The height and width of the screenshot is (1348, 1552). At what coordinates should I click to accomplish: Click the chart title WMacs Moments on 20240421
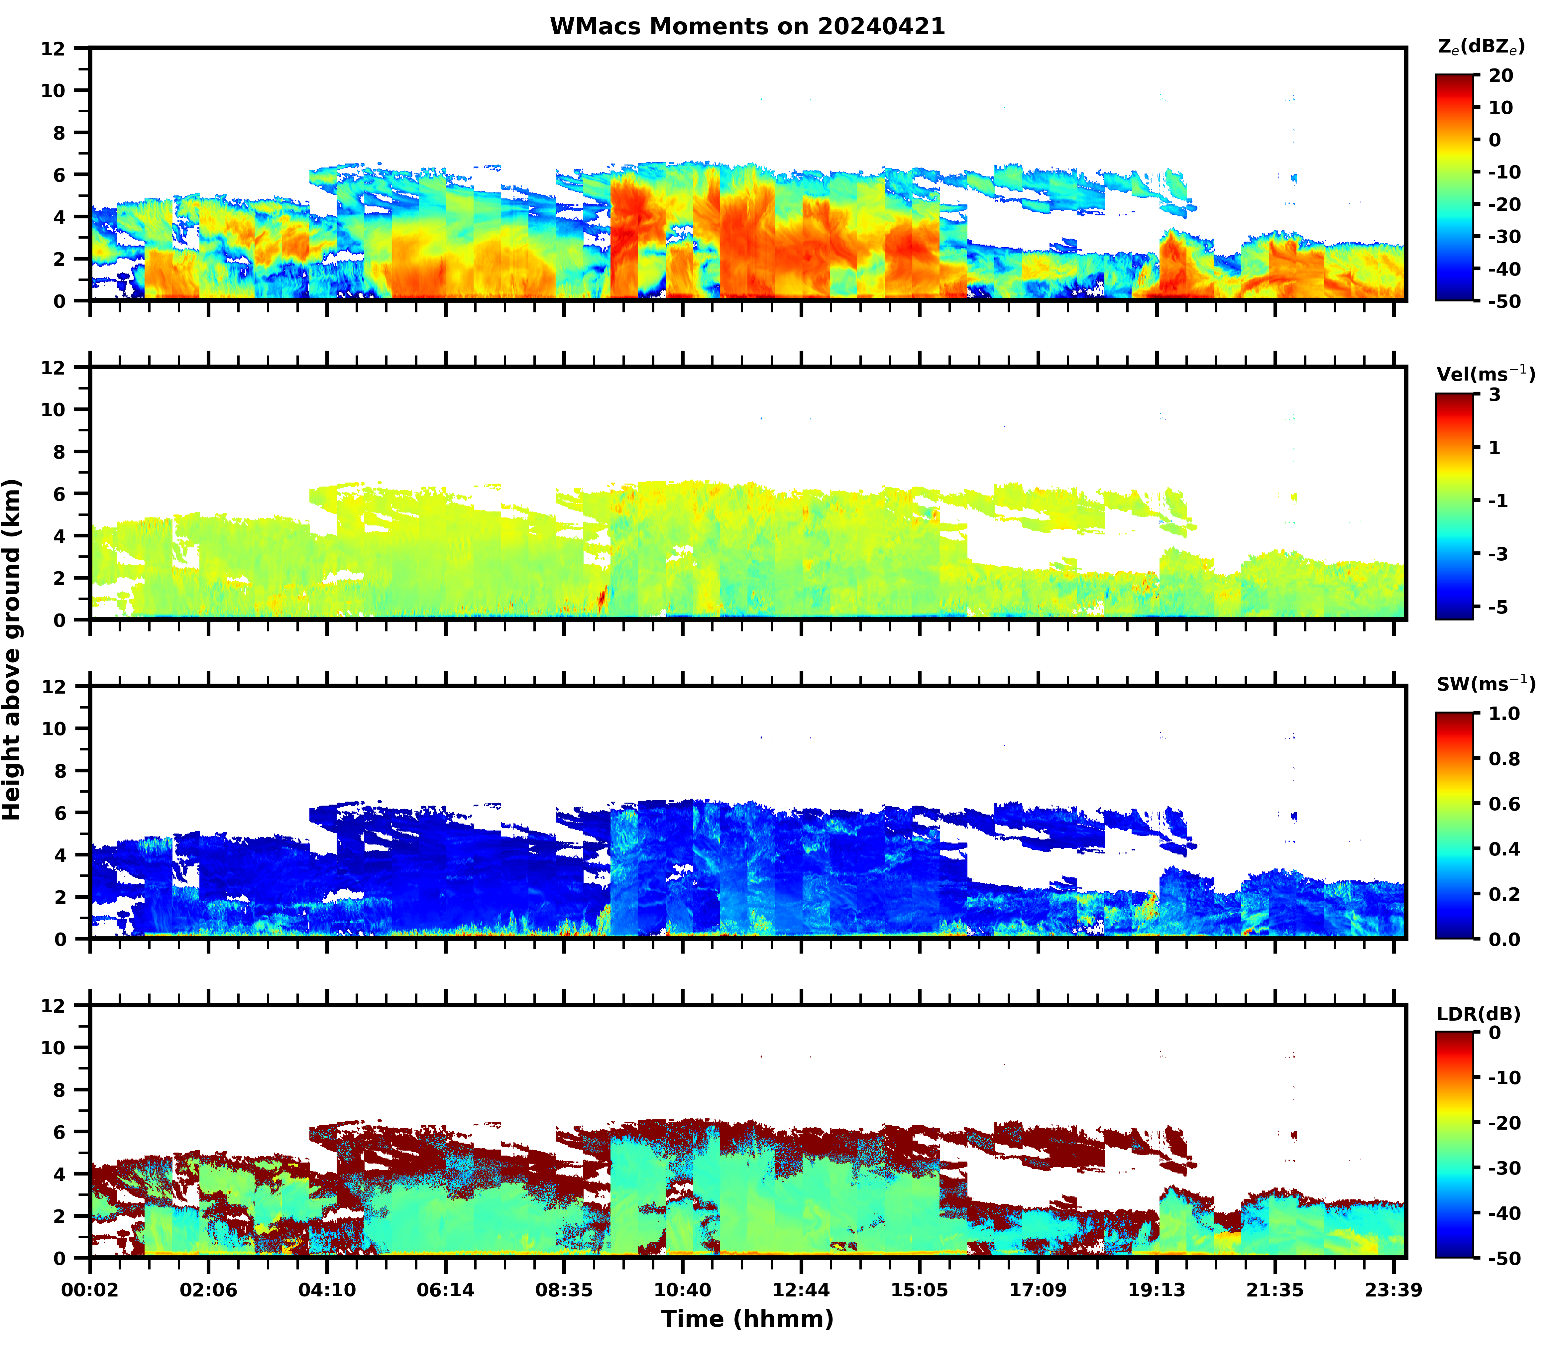pyautogui.click(x=747, y=26)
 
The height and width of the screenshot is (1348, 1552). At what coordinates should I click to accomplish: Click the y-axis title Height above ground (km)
pyautogui.click(x=12, y=649)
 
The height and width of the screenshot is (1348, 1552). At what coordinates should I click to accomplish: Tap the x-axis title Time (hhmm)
pyautogui.click(x=747, y=1319)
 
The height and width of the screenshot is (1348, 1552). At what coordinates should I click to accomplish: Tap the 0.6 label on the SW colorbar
pyautogui.click(x=1504, y=804)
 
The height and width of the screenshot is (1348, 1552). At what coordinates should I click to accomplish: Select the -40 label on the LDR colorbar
pyautogui.click(x=1504, y=1213)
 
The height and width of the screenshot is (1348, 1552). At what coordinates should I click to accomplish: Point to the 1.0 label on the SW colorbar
pyautogui.click(x=1504, y=713)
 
